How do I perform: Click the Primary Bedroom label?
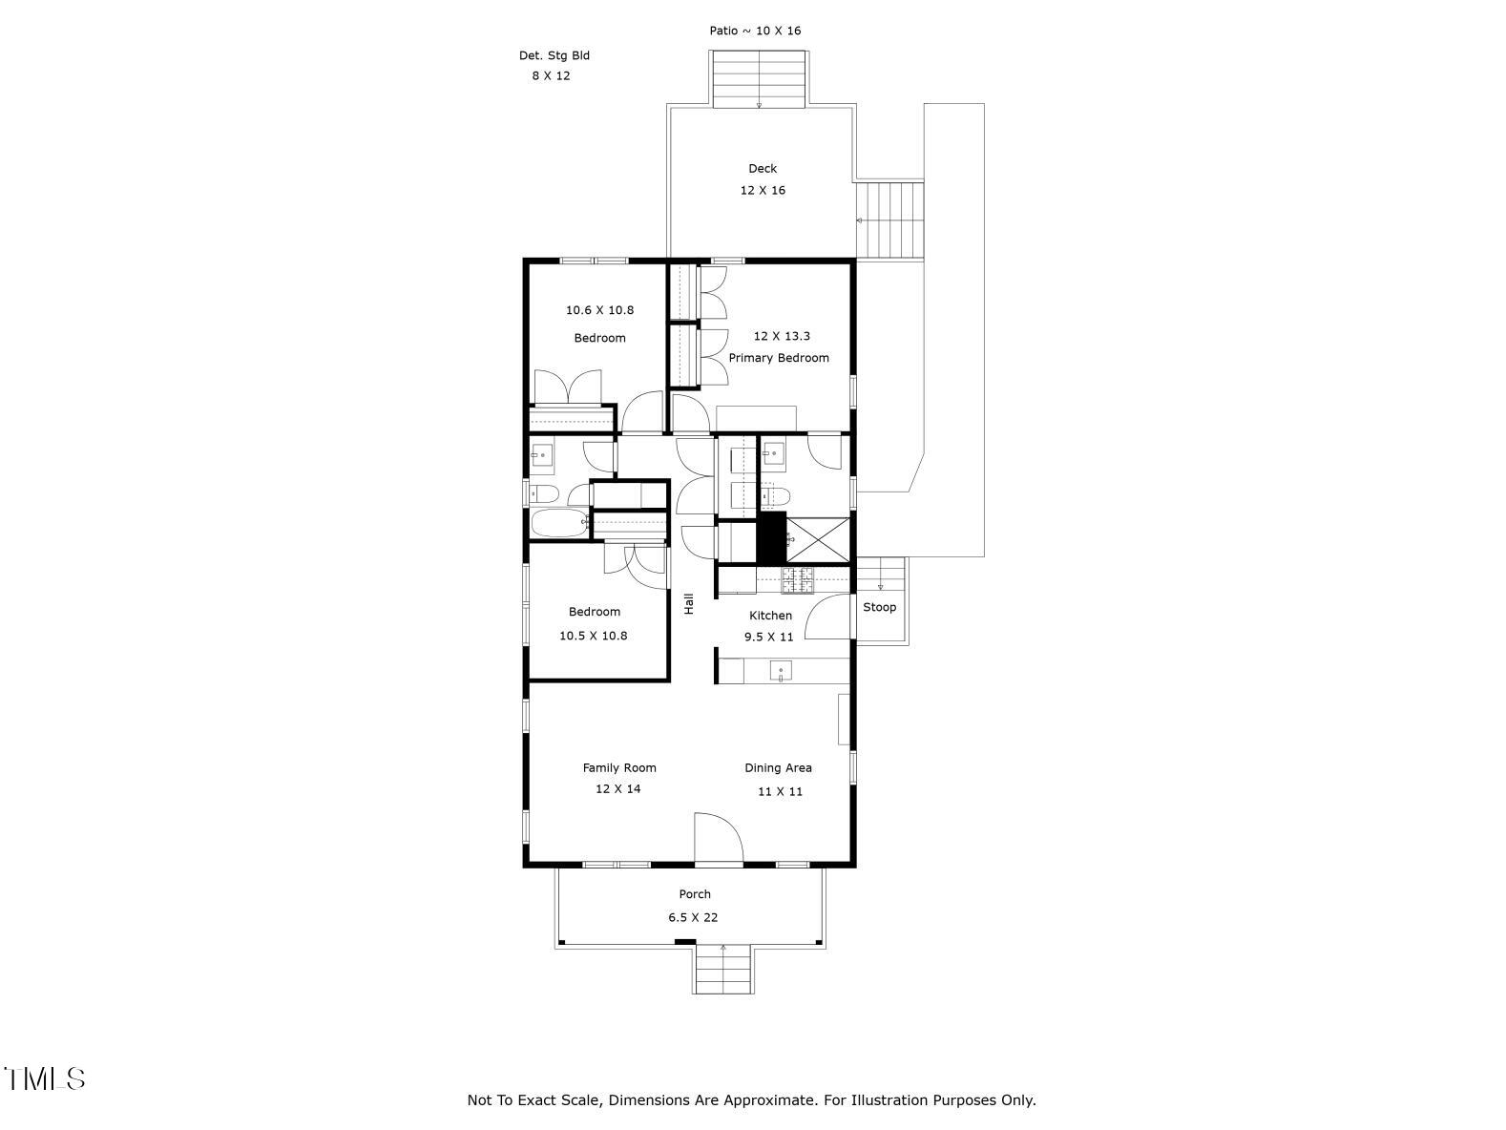(x=778, y=358)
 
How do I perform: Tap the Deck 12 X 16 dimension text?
(x=763, y=190)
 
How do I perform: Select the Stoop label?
(x=879, y=607)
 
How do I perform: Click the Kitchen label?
(x=770, y=616)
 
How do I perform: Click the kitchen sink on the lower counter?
(x=781, y=672)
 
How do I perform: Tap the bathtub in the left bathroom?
(x=559, y=522)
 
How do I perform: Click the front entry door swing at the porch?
(x=717, y=838)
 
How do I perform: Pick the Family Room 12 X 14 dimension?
(x=618, y=788)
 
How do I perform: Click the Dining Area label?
(x=778, y=767)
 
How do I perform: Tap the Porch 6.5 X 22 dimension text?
(x=693, y=917)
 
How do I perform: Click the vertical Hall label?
(x=688, y=603)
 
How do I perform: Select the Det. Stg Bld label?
(x=554, y=55)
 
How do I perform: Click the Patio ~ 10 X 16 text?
(x=755, y=31)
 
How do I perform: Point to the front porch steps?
(x=722, y=971)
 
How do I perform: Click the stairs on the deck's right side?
(x=890, y=220)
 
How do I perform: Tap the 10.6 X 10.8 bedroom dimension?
(x=599, y=310)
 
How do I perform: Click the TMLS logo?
(x=45, y=1078)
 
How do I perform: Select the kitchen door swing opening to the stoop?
(x=827, y=617)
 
